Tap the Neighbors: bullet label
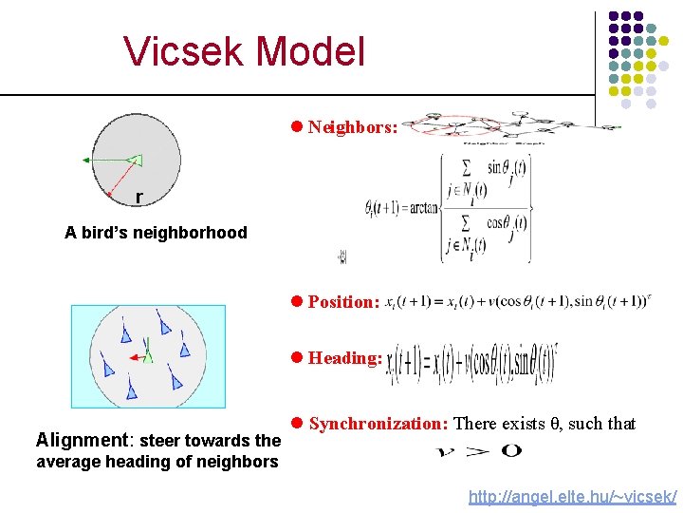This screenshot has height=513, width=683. (x=352, y=126)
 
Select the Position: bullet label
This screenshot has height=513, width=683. (x=343, y=302)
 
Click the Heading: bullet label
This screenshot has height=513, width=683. (x=345, y=358)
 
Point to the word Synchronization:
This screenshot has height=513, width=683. (x=378, y=424)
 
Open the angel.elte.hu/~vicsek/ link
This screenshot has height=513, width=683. (x=572, y=497)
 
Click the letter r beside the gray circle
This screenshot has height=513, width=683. (x=139, y=198)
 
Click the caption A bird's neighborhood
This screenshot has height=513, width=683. (x=156, y=233)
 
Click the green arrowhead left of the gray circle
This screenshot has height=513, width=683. (x=86, y=161)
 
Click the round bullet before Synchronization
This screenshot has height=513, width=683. (x=297, y=424)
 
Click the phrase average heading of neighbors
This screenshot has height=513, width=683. (x=157, y=463)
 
